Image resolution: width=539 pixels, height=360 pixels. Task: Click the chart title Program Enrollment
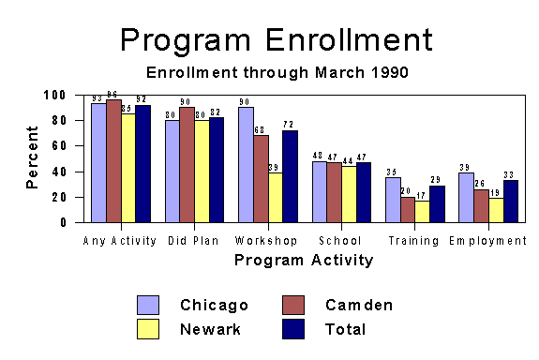coord(277,39)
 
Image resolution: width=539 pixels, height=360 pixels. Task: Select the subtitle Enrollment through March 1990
coord(277,72)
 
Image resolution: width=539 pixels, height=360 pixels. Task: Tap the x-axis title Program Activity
coord(304,260)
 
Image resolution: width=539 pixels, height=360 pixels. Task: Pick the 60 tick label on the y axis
coord(59,146)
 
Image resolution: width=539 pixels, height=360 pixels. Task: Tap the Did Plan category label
coord(193,241)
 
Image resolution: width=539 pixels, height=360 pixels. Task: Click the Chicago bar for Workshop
coord(246,165)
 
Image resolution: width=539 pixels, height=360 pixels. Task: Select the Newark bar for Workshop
coord(275,198)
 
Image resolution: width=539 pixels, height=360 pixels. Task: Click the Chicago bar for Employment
coord(466,198)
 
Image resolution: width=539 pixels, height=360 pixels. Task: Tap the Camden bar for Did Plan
coord(187,165)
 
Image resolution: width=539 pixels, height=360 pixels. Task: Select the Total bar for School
coord(363,192)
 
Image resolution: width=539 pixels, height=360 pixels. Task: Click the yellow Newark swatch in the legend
coord(147,328)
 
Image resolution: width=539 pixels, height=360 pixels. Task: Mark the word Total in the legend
coord(345,329)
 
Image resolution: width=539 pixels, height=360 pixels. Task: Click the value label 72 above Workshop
coord(290,125)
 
